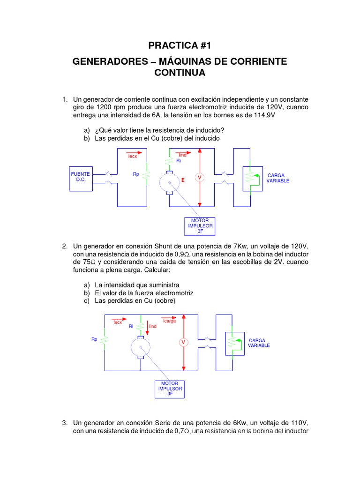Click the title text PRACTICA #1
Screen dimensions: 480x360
[180, 45]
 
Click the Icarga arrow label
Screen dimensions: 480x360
[169, 321]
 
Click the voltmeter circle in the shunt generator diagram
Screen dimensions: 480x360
[183, 343]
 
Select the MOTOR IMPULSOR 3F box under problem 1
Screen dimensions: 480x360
[200, 225]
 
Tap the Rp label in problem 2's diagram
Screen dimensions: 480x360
[94, 339]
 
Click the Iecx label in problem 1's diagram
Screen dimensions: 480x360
[133, 157]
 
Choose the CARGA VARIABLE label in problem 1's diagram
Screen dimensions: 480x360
[278, 178]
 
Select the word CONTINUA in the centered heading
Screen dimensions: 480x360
[180, 73]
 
